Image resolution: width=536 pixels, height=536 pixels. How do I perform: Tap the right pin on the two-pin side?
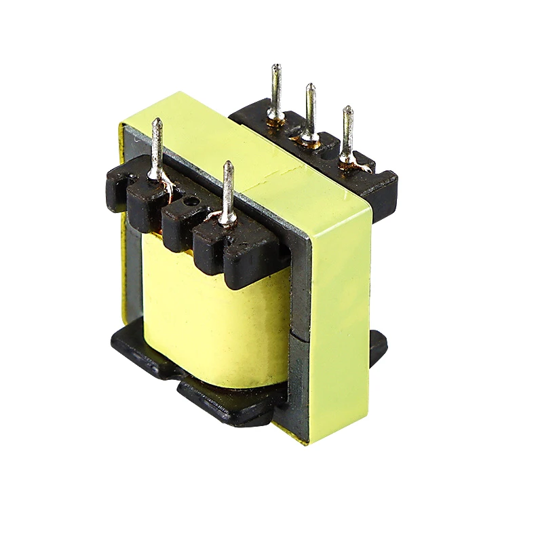point(228,190)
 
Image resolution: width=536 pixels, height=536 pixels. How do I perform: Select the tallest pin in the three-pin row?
point(276,88)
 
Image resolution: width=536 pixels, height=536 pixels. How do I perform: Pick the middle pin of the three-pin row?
point(310,109)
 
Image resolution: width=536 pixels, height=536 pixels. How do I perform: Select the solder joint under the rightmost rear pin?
point(347,160)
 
